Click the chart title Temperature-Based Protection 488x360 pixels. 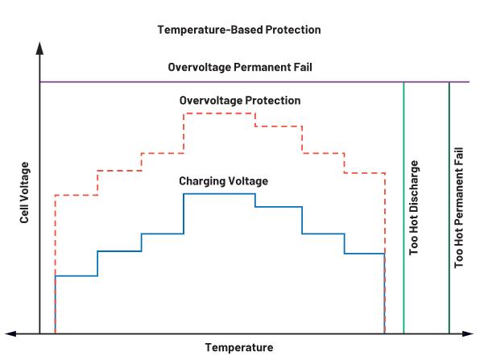click(x=239, y=30)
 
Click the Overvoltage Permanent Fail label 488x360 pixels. click(x=239, y=68)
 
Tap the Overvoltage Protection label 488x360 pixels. click(x=239, y=101)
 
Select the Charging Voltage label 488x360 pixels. click(x=223, y=181)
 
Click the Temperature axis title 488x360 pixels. click(x=239, y=348)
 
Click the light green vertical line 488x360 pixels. click(x=403, y=242)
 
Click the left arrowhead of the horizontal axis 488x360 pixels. click(x=10, y=333)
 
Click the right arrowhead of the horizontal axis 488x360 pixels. click(x=476, y=333)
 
